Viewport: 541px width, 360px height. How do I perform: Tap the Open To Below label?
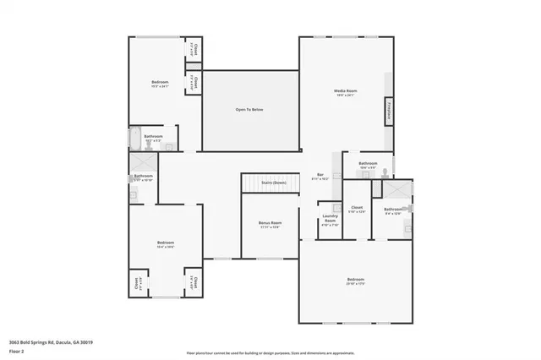(x=249, y=110)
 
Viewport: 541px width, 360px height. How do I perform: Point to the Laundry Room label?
(x=330, y=220)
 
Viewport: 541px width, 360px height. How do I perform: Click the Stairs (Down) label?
(x=272, y=182)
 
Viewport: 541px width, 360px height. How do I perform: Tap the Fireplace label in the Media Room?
(x=389, y=111)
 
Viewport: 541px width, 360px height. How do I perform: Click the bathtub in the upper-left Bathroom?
(x=136, y=138)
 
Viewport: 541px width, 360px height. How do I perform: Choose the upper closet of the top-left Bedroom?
(x=194, y=50)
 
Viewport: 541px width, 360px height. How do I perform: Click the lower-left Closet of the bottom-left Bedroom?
(x=138, y=283)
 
